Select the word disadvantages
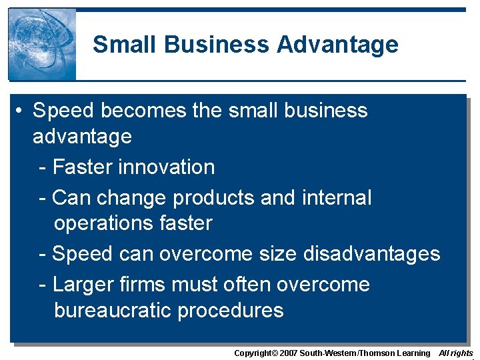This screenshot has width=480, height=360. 371,254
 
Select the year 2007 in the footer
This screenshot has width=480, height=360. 287,353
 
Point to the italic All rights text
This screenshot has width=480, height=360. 456,353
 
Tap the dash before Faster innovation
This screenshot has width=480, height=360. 43,167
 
